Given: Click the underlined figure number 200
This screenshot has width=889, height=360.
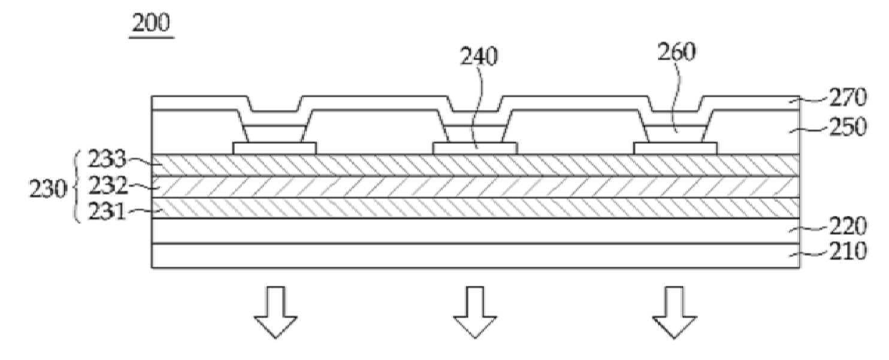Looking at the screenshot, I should [x=151, y=24].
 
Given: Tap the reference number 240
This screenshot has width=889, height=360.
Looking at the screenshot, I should [x=480, y=58].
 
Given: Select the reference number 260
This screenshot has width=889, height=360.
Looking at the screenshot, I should [x=677, y=53].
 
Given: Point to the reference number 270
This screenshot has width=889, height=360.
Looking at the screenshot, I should [x=828, y=97].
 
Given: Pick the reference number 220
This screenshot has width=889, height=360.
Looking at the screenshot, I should [x=828, y=227].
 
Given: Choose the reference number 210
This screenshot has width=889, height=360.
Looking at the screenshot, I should [x=828, y=252].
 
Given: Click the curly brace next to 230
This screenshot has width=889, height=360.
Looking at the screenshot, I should [x=79, y=187].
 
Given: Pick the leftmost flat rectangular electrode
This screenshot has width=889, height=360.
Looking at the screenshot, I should [x=275, y=148].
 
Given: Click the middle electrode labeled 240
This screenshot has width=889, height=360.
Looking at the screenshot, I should [x=475, y=148].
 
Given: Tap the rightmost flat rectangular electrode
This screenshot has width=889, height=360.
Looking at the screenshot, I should [x=675, y=148].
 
